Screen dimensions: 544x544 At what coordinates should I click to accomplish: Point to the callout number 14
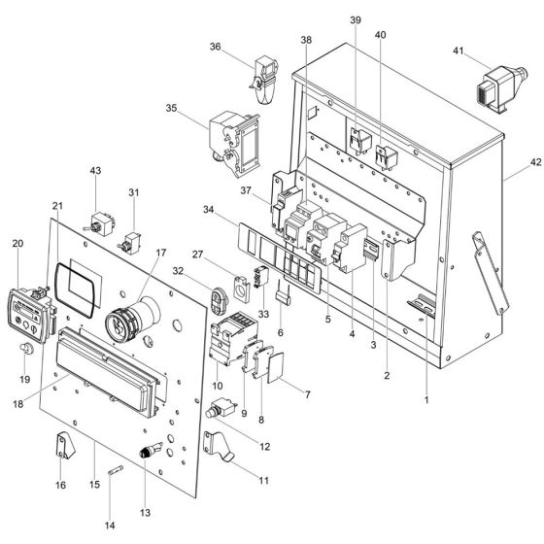pos(110,526)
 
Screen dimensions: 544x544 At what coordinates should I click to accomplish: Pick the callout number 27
pos(224,255)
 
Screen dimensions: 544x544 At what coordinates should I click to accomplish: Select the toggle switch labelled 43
pos(99,224)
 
